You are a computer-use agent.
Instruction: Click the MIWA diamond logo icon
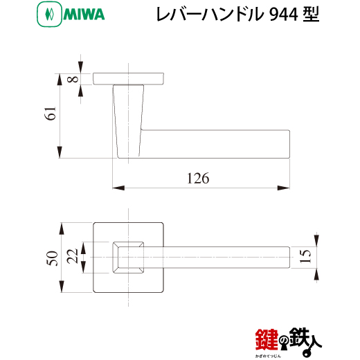click(49, 14)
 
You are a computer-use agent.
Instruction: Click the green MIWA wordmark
click(84, 15)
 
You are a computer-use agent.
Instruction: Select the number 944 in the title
click(284, 15)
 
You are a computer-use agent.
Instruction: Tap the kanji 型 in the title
click(311, 15)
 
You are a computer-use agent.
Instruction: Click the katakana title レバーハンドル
click(210, 15)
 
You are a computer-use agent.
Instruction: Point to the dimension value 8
click(73, 79)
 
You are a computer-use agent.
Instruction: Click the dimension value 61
click(51, 114)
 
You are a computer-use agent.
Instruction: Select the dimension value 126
click(198, 178)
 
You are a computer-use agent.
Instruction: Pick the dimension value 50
click(53, 258)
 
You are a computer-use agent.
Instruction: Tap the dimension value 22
click(72, 256)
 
